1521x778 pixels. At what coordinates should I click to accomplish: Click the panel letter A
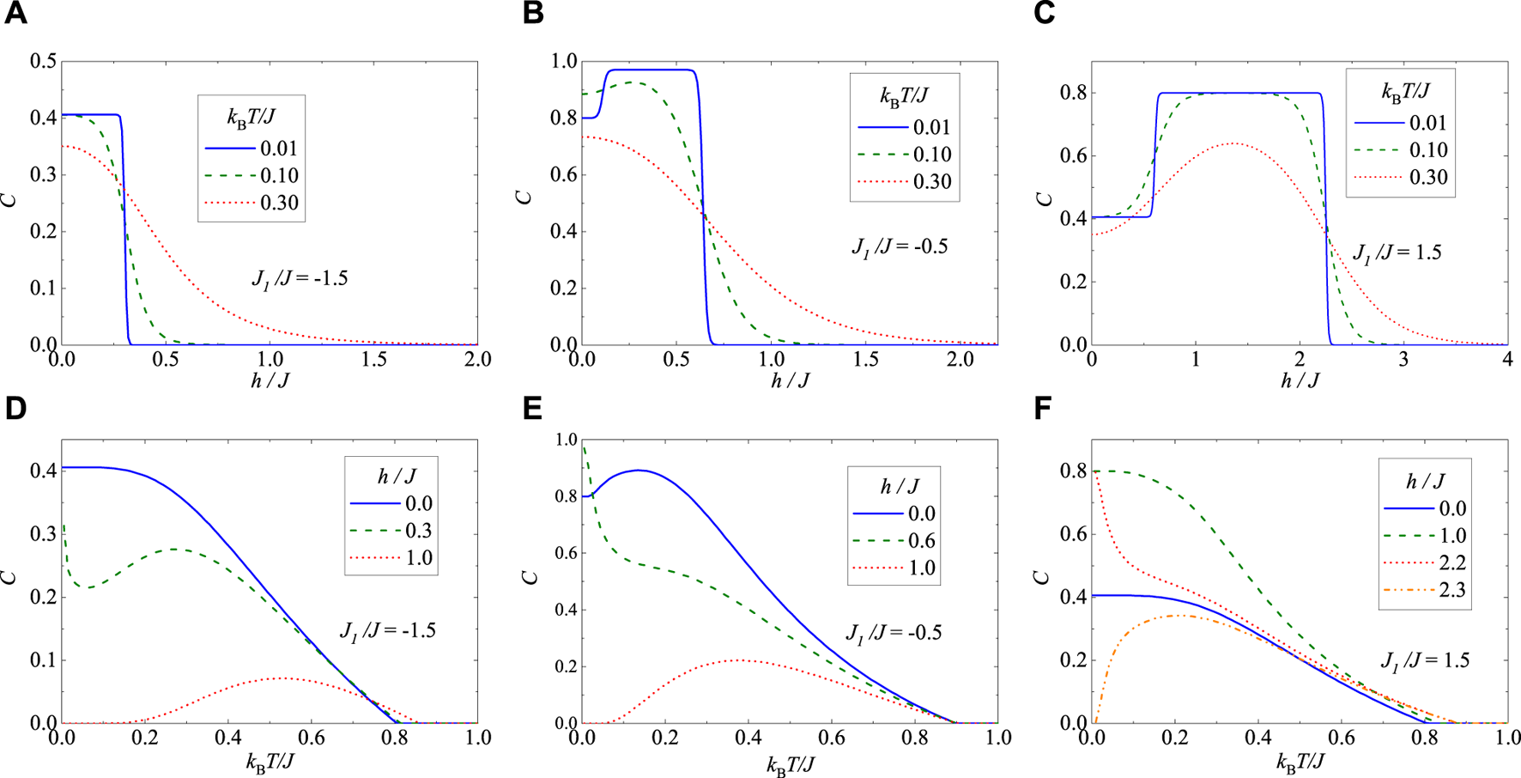click(15, 15)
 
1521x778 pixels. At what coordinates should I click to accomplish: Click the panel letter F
click(1043, 409)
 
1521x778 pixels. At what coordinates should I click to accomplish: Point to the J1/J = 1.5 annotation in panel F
click(1425, 660)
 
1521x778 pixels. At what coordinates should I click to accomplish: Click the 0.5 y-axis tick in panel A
click(43, 61)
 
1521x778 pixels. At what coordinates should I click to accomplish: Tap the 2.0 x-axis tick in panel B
click(960, 359)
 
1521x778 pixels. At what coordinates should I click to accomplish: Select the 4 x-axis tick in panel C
click(1507, 359)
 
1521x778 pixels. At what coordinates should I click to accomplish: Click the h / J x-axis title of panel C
click(1300, 380)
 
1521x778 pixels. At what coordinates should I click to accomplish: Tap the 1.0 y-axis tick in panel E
click(567, 440)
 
